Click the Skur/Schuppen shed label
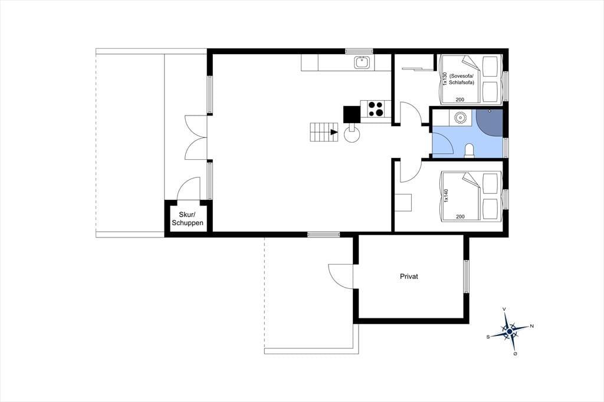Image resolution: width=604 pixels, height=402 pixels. (187, 219)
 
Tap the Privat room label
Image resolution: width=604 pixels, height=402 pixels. (409, 276)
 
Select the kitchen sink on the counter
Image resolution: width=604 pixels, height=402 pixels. (363, 62)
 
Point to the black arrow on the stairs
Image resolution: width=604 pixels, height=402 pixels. (334, 132)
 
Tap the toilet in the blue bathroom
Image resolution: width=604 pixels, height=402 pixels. (470, 150)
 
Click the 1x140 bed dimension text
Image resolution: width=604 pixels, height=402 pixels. (446, 195)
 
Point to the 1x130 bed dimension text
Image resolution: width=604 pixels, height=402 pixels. (445, 79)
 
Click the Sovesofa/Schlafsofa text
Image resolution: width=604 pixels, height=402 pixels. (461, 80)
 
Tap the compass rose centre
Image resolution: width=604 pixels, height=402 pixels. (510, 331)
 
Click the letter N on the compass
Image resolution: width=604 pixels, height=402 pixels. (532, 326)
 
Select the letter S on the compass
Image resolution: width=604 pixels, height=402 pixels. (488, 337)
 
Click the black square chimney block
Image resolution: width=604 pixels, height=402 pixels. (352, 114)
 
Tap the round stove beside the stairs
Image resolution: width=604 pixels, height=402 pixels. (352, 135)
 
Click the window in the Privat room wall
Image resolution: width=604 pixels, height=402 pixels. (467, 276)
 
